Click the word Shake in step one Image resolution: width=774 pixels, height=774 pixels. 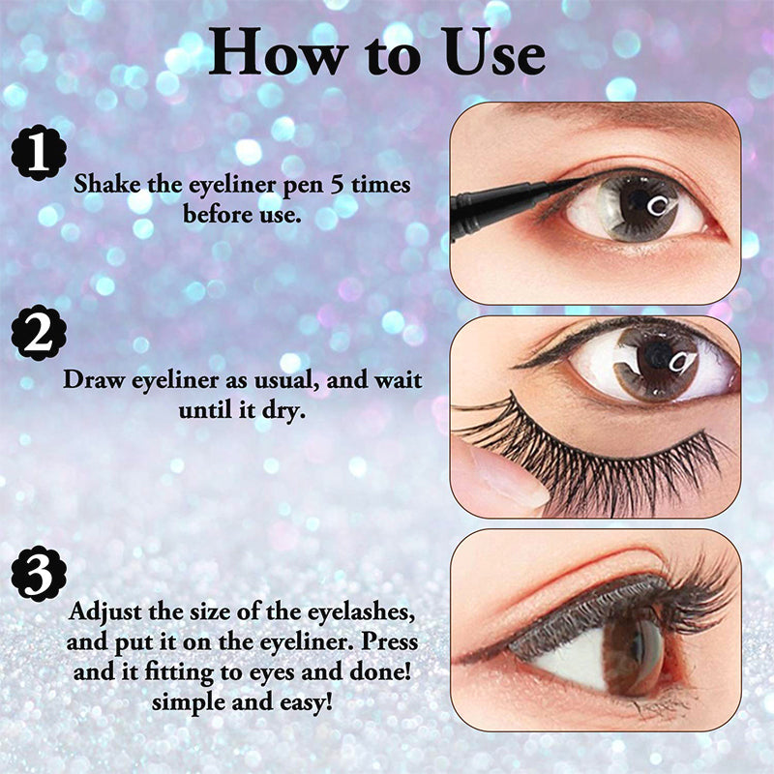[104, 184]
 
